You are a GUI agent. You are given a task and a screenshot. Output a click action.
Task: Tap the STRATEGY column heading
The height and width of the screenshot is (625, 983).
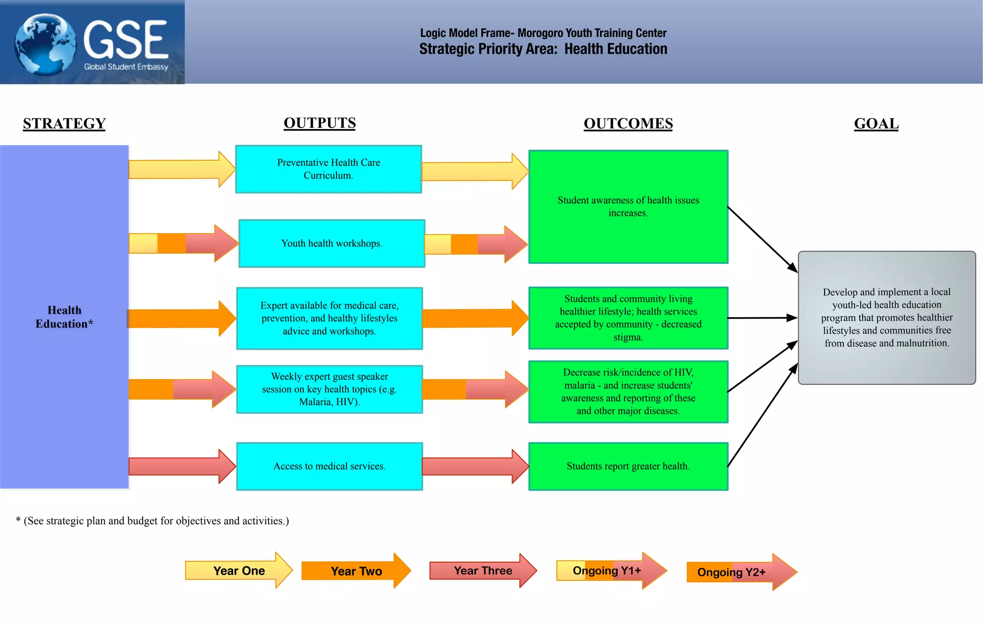[x=64, y=124]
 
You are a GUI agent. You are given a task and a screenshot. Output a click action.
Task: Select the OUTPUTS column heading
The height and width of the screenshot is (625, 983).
[x=320, y=123]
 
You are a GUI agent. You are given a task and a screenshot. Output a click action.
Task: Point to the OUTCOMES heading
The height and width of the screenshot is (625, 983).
[x=628, y=124]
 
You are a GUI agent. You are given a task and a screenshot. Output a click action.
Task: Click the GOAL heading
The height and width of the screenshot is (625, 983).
[x=876, y=124]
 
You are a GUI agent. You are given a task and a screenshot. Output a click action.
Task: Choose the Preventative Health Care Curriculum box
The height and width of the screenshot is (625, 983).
[x=329, y=169]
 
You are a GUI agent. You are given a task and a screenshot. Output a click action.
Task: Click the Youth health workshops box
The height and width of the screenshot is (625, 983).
[x=332, y=244]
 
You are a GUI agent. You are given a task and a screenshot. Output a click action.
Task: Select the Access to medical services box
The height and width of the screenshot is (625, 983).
[x=329, y=466]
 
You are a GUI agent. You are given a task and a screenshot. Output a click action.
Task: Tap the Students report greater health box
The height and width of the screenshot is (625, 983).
[x=628, y=466]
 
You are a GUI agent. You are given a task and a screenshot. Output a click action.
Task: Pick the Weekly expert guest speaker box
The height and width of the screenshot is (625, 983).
[x=329, y=389]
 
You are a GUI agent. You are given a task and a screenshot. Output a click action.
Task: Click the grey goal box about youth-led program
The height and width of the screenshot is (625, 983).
[x=887, y=318]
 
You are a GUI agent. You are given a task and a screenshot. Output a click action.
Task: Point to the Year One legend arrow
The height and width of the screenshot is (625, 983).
[x=239, y=570]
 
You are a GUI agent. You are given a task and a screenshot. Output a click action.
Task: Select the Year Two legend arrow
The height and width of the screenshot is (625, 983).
[x=356, y=571]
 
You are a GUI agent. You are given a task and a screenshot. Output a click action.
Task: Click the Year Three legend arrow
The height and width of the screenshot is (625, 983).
[x=483, y=570]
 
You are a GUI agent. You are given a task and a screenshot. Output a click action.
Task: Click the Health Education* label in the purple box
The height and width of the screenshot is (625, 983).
[x=64, y=317]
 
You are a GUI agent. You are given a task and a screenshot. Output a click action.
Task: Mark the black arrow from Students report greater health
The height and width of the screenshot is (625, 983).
[x=762, y=415]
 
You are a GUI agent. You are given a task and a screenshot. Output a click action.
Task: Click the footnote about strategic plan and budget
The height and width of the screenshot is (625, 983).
[x=153, y=521]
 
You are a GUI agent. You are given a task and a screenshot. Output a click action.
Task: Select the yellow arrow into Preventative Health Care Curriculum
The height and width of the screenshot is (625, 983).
[x=181, y=169]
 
